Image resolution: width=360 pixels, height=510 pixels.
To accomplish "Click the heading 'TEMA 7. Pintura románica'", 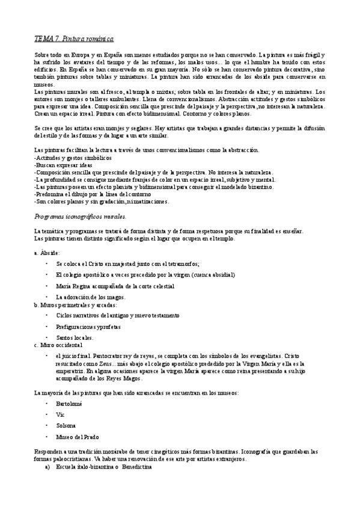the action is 73,38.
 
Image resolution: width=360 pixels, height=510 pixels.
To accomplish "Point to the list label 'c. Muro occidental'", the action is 58,345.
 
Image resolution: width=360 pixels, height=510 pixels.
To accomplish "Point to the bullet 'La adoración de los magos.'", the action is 91,296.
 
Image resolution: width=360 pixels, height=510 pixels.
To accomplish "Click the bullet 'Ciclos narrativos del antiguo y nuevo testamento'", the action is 117,315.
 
